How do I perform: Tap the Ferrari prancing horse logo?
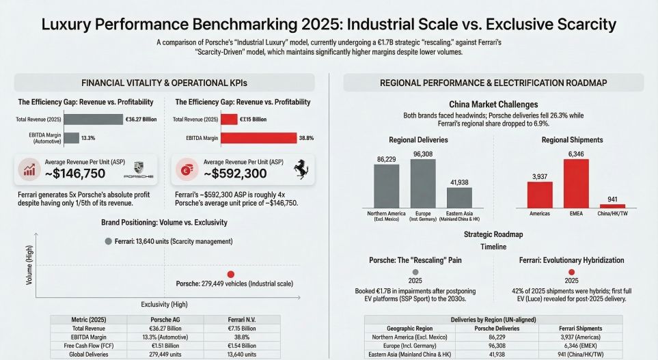point(301,171)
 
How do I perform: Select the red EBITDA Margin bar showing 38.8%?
point(258,138)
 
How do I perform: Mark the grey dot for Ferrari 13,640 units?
point(108,241)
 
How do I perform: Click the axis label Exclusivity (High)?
point(164,304)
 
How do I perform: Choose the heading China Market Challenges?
point(493,105)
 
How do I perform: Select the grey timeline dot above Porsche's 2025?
point(415,272)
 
